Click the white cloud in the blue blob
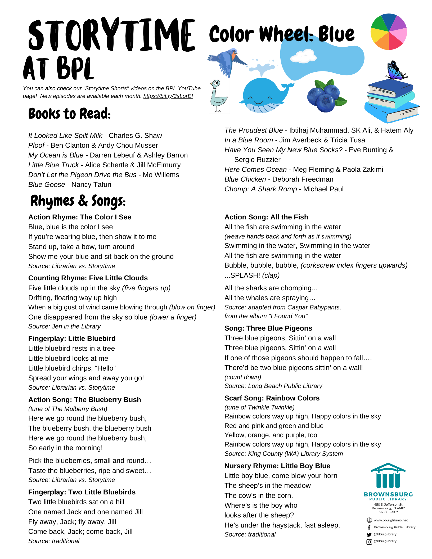coord(303,56)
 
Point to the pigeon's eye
coord(216,83)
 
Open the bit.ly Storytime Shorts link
coord(168,96)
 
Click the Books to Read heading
coord(69,114)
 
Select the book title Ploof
coord(36,145)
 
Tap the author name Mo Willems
coord(161,175)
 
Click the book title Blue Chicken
coord(245,179)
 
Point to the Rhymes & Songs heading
coord(78,201)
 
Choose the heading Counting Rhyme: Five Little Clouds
coord(88,278)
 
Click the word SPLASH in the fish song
coord(245,275)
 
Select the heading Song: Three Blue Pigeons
coord(268,328)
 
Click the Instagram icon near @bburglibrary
coord(369,542)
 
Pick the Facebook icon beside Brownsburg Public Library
coord(369,528)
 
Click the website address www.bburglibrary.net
coord(391,520)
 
